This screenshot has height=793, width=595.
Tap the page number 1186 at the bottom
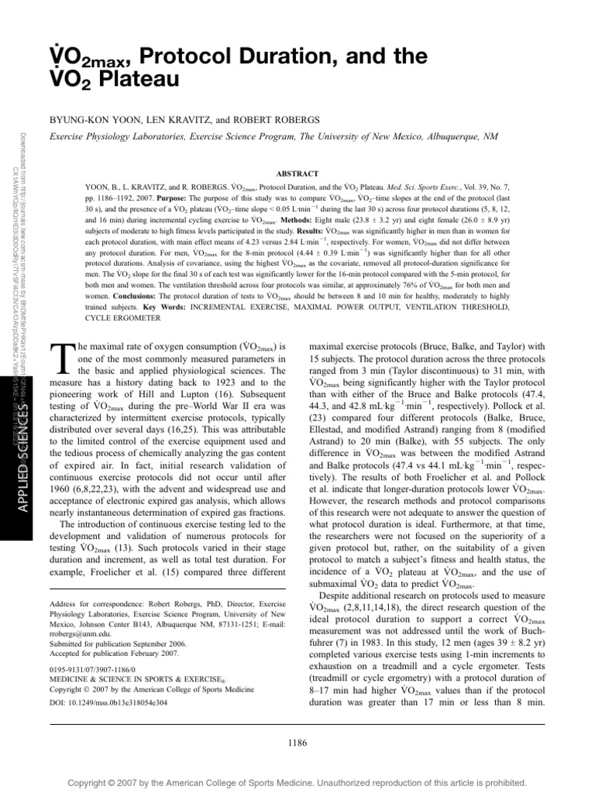tap(297, 743)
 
